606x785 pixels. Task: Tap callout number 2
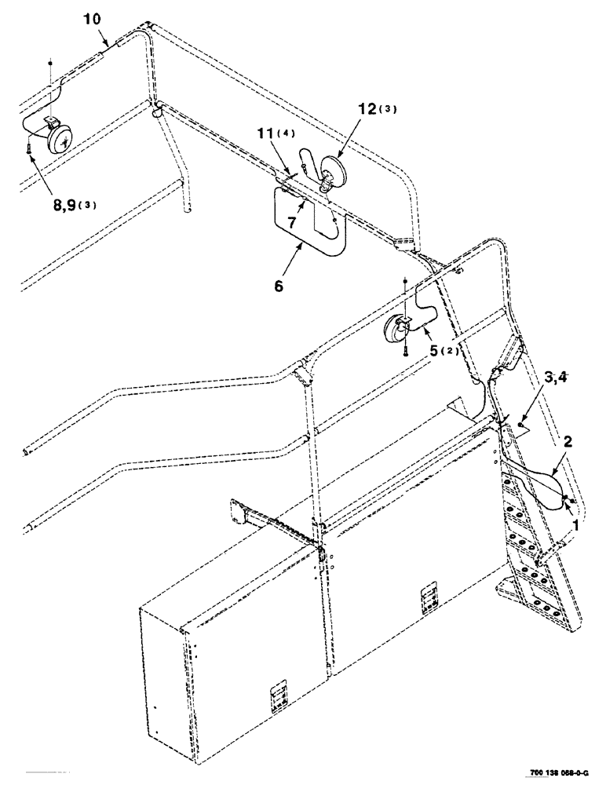(x=568, y=442)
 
